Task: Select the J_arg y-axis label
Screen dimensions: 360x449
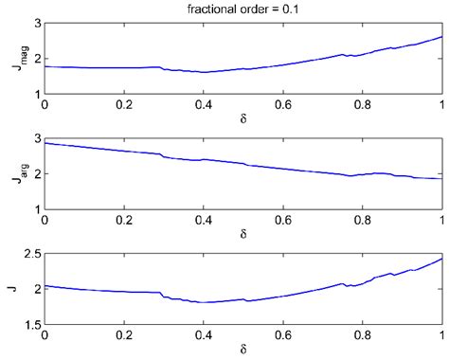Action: tap(13, 173)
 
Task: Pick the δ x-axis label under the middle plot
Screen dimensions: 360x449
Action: tap(243, 235)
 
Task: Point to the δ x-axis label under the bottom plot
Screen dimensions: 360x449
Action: tap(243, 351)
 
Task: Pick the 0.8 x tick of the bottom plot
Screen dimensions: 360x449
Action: tap(362, 336)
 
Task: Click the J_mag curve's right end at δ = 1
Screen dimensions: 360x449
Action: tap(441, 37)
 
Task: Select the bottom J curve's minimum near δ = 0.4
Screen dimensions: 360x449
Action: tap(203, 302)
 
